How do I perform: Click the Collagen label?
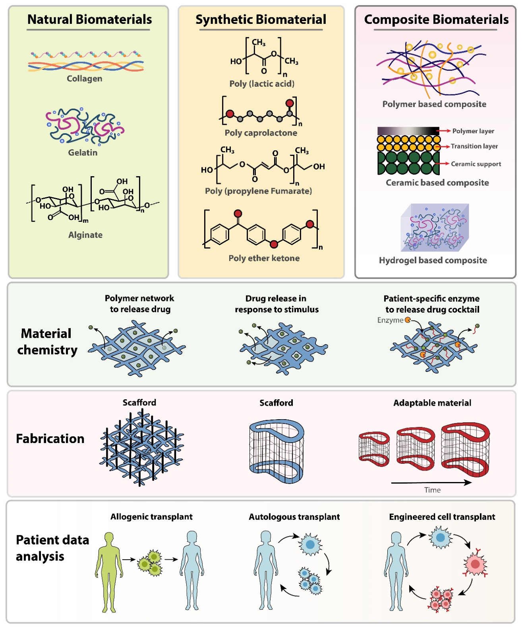click(85, 78)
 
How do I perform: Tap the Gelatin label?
click(83, 152)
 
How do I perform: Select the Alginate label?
click(85, 235)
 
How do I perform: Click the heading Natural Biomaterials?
click(89, 19)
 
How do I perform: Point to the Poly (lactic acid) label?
click(262, 84)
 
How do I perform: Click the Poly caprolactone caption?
click(261, 132)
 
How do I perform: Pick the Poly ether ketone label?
click(264, 258)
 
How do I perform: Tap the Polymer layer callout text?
click(473, 131)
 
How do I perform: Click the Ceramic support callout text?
click(476, 164)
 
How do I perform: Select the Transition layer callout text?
click(474, 146)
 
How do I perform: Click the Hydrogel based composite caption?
click(433, 260)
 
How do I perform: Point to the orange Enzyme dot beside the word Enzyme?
click(408, 320)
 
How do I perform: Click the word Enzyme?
click(390, 320)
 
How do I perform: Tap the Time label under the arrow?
click(432, 490)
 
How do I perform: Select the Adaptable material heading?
click(432, 403)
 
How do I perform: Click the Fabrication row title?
click(50, 439)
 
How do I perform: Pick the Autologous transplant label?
click(294, 517)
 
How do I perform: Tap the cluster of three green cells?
click(150, 563)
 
